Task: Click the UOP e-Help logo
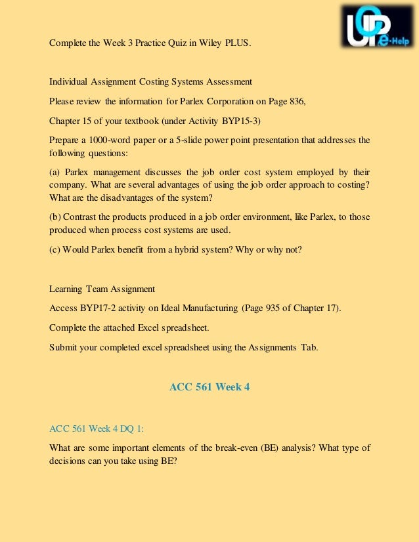coord(375,26)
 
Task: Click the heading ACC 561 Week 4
coord(209,387)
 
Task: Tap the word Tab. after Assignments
coord(309,348)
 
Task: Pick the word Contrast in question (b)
coord(83,216)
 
